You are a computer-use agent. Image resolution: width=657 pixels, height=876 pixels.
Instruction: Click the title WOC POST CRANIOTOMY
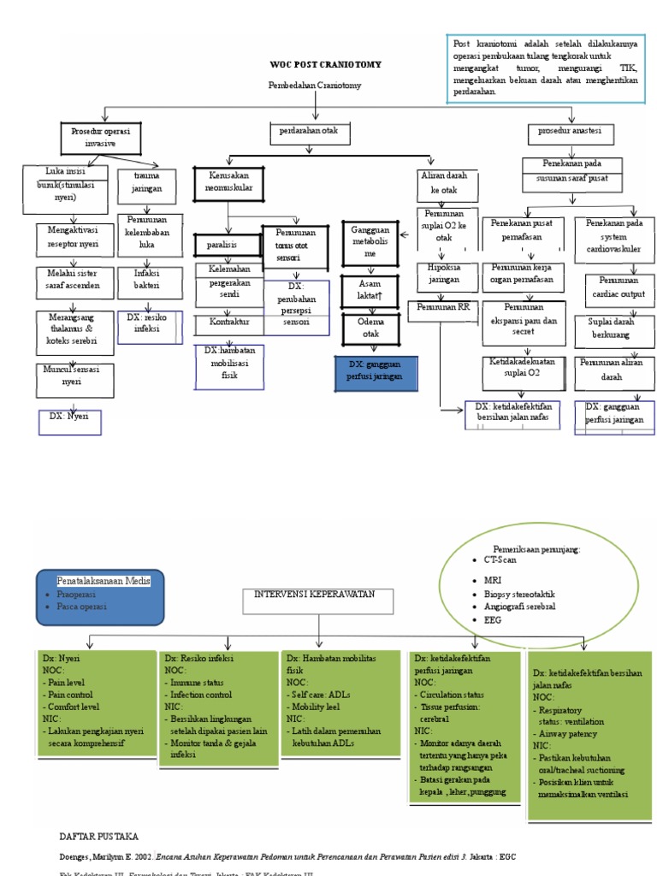(325, 64)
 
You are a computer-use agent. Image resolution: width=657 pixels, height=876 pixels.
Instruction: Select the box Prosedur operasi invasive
(100, 137)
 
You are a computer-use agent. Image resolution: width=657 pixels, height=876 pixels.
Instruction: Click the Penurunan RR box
(440, 305)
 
